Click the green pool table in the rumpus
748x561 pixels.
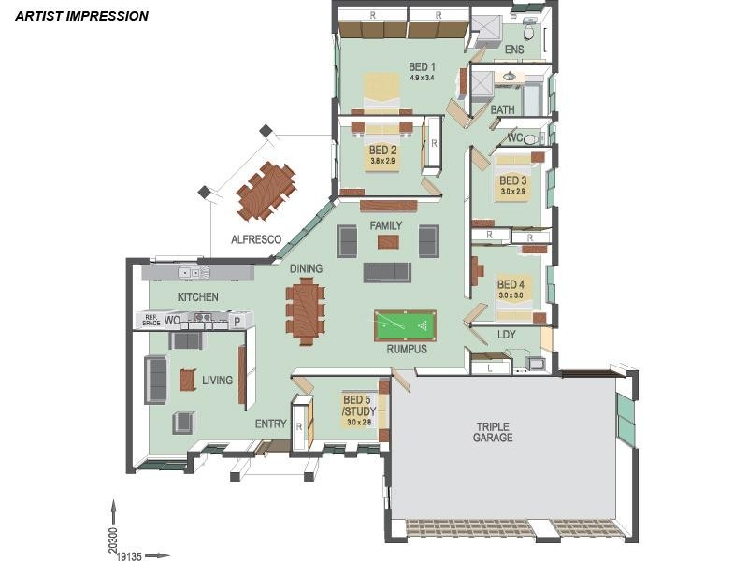coord(406,325)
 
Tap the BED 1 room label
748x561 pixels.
coord(422,66)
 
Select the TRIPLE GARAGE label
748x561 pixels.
coord(493,432)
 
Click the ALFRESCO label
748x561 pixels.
coord(256,239)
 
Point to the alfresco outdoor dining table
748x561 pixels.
coord(266,192)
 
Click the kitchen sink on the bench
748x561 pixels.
coord(194,272)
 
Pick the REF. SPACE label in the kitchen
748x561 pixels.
coord(151,321)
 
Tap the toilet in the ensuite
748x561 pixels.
coord(529,30)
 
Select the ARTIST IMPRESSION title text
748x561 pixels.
coord(81,16)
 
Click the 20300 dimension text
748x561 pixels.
coord(112,539)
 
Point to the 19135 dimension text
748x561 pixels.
coord(129,556)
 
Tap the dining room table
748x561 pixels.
coord(306,311)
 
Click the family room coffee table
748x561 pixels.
coord(388,242)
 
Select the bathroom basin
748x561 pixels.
coord(510,76)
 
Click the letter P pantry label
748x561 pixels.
coord(237,322)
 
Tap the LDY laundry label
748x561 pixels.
coord(507,335)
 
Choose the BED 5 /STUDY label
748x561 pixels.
coord(359,405)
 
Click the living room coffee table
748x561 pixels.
coord(188,381)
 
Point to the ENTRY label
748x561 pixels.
coord(270,424)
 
